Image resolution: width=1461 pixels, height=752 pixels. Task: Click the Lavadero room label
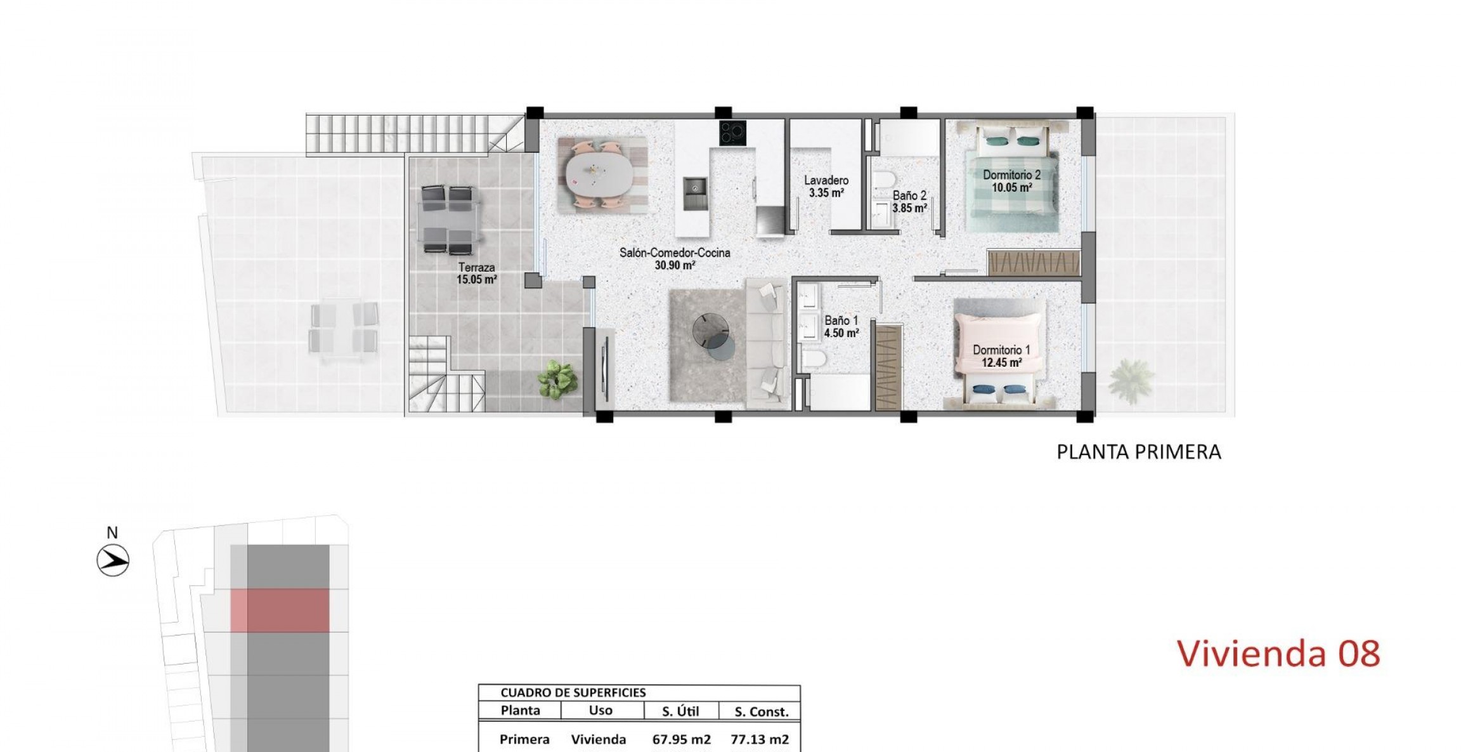pos(826,180)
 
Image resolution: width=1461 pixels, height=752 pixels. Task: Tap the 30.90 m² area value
pos(675,265)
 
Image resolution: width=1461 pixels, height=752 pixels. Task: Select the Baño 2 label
pos(909,196)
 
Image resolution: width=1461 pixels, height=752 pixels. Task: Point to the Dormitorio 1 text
pos(1001,350)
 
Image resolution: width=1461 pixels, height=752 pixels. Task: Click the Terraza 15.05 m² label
pos(476,274)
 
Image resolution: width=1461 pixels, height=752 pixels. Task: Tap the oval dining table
pos(599,175)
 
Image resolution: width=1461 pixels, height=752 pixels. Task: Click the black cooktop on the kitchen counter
pos(732,133)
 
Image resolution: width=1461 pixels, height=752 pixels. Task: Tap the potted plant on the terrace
pos(558,379)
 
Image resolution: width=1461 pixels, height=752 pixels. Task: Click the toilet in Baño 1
pos(814,360)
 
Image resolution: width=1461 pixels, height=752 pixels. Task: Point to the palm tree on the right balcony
pos(1131,379)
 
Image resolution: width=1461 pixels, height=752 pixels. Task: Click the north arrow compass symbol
pos(113,560)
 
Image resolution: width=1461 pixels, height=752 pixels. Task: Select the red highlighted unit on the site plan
pos(280,610)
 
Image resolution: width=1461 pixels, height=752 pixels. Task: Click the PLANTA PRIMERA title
pos(1138,452)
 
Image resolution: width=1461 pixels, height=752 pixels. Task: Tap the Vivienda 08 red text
pos(1278,654)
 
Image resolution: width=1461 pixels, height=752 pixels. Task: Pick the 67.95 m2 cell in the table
pos(681,739)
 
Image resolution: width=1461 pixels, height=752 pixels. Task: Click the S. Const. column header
pos(761,712)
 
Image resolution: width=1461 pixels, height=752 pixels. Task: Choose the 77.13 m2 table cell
pos(760,739)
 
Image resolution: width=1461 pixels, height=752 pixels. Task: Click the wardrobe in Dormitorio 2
pos(1034,263)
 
